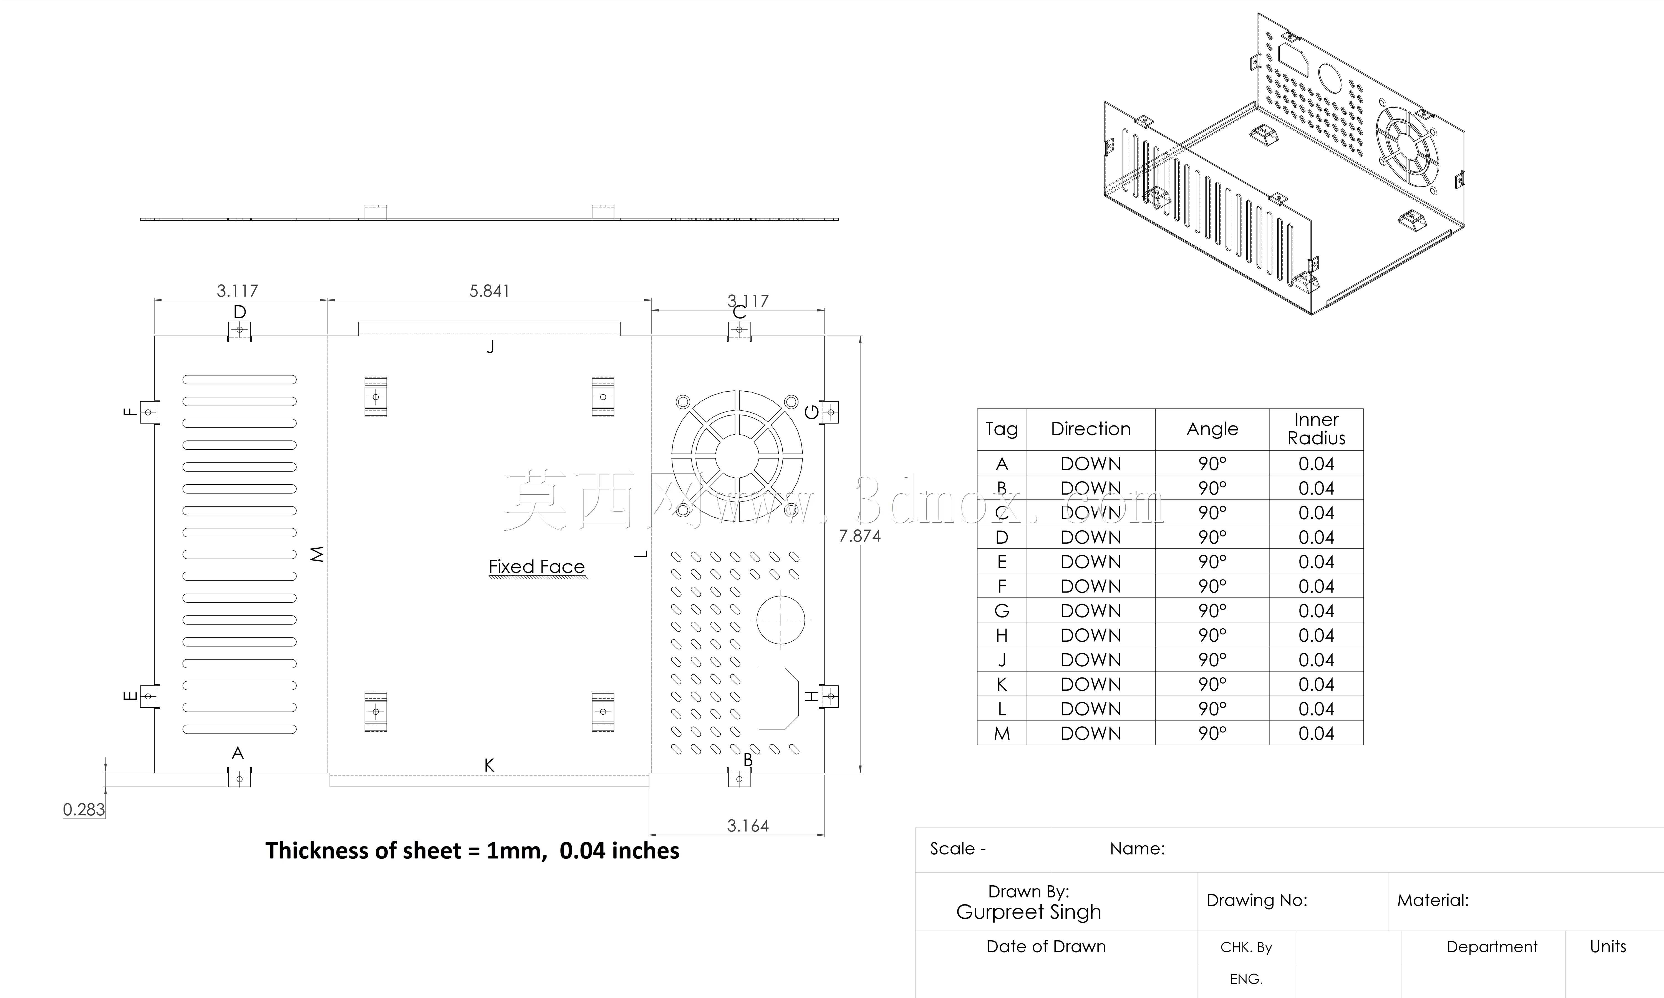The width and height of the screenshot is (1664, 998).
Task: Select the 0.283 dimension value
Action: (x=84, y=810)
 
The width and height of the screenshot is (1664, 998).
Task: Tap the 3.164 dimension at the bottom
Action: (x=748, y=826)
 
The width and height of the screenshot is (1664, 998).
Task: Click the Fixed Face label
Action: (x=536, y=567)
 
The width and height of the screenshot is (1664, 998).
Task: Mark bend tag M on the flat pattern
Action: (x=317, y=554)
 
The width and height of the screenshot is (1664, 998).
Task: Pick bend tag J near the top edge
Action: (x=491, y=346)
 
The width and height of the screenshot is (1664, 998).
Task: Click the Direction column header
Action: (x=1090, y=429)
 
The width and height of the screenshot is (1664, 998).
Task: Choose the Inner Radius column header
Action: (x=1316, y=429)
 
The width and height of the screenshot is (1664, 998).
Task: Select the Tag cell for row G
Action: (x=1002, y=611)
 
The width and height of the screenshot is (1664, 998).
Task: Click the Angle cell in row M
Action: (x=1212, y=733)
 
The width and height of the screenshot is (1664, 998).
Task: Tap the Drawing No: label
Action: (x=1257, y=901)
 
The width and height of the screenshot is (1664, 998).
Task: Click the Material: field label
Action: (x=1433, y=901)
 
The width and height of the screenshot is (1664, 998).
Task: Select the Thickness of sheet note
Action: (x=472, y=851)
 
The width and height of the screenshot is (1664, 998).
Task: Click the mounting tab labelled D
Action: (x=239, y=330)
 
